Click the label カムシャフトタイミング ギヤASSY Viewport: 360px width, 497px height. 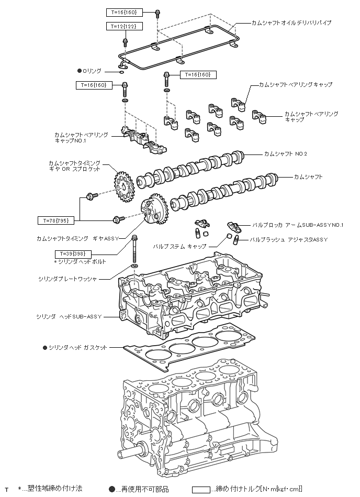[x=78, y=238]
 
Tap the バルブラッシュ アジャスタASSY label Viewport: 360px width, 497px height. [x=288, y=239]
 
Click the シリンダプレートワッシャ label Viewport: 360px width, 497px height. [x=67, y=279]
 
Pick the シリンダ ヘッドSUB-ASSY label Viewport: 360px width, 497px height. [x=69, y=317]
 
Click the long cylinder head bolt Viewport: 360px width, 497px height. [x=136, y=249]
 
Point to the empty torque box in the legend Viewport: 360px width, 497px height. [x=200, y=489]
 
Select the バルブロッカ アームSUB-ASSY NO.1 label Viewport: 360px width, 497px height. [x=298, y=224]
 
